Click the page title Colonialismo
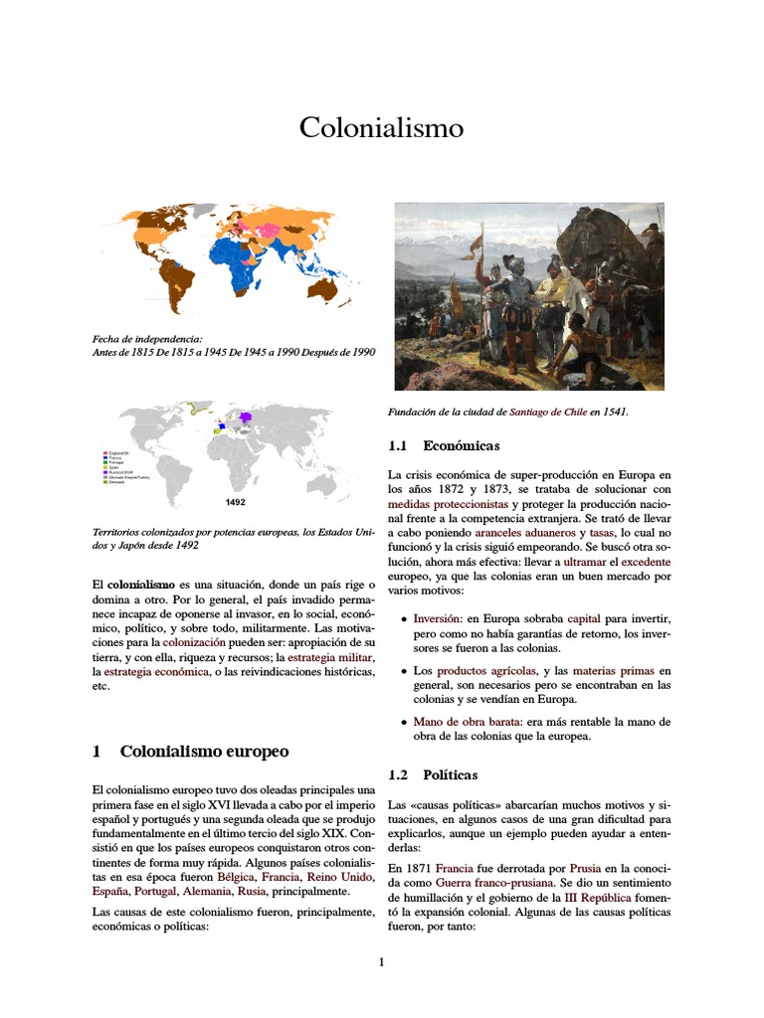(382, 128)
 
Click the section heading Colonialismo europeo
(204, 751)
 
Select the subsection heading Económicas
(461, 445)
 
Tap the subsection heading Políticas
(450, 773)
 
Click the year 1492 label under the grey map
(236, 503)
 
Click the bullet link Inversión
(438, 618)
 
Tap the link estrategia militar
(326, 658)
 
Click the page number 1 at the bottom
(381, 961)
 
